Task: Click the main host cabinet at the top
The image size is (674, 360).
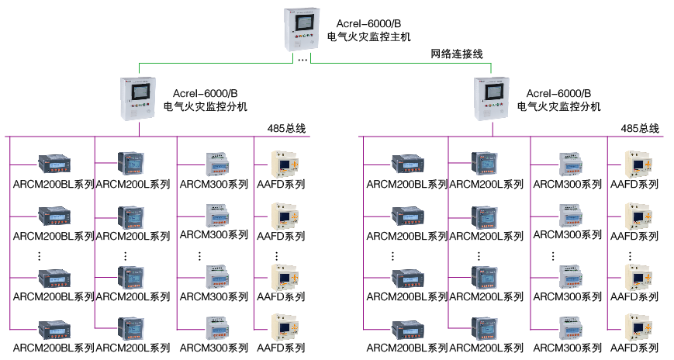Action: pyautogui.click(x=302, y=29)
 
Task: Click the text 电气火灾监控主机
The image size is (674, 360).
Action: pyautogui.click(x=369, y=37)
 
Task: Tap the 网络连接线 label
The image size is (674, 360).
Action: pyautogui.click(x=457, y=54)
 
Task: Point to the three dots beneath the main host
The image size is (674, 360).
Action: pyautogui.click(x=302, y=60)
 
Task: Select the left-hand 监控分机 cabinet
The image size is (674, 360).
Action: pyautogui.click(x=138, y=99)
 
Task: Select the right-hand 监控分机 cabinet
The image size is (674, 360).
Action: pyautogui.click(x=492, y=99)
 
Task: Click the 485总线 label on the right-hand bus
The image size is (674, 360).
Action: pyautogui.click(x=640, y=128)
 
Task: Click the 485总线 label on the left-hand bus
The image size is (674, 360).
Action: pyautogui.click(x=286, y=128)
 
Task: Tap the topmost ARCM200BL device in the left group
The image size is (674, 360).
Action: pyautogui.click(x=54, y=164)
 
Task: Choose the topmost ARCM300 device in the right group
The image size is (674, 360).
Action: pyautogui.click(x=570, y=164)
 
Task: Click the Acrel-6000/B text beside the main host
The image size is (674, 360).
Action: pyautogui.click(x=368, y=23)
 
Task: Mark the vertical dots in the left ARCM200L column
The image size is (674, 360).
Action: pyautogui.click(x=125, y=256)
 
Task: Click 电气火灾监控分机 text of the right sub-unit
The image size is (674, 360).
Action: pyautogui.click(x=558, y=106)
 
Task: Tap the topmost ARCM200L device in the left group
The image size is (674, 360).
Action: pyautogui.click(x=130, y=164)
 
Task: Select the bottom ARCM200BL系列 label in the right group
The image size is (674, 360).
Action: pyautogui.click(x=407, y=348)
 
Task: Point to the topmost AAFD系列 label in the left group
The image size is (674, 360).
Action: pyautogui.click(x=281, y=184)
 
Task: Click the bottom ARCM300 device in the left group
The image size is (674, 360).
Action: pyautogui.click(x=217, y=328)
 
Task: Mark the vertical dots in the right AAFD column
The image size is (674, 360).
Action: pyautogui.click(x=630, y=256)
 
